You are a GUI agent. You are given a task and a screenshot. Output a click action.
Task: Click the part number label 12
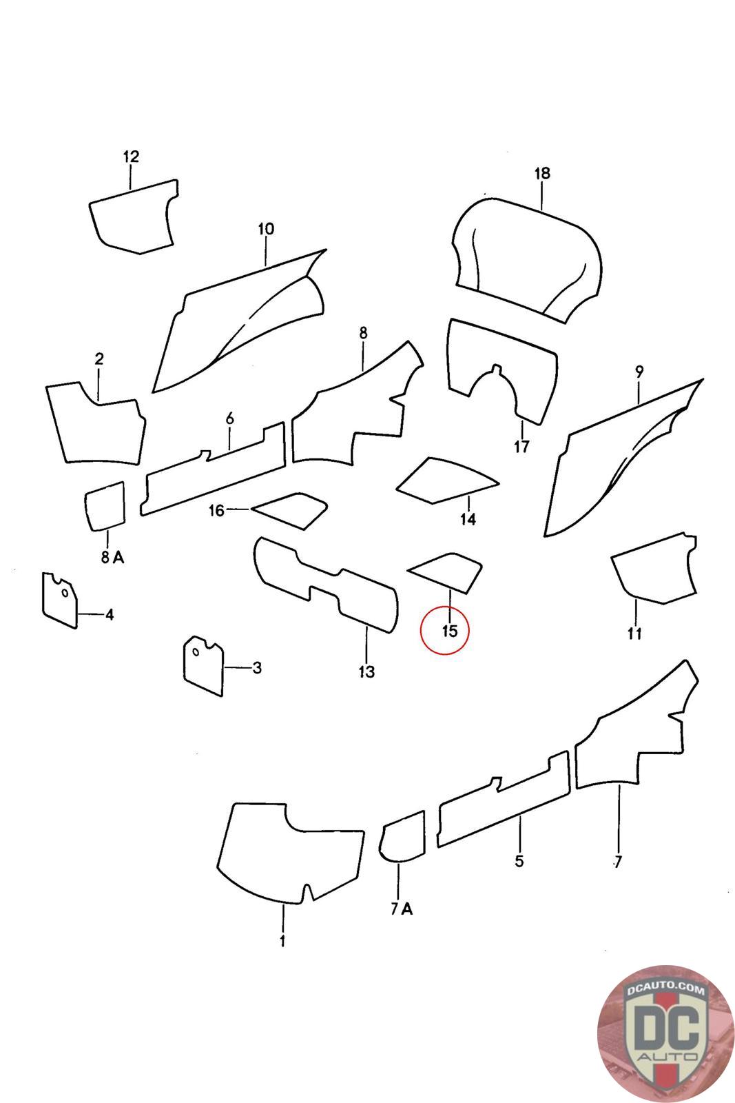pos(131,156)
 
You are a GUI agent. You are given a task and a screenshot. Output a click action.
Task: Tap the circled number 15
pos(450,630)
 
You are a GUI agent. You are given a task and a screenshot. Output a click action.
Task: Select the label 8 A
pos(113,557)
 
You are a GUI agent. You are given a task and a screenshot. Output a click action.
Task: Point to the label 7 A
pos(402,909)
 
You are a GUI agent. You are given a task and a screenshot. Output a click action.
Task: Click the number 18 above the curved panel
pos(542,173)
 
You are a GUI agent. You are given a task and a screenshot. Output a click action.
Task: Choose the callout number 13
pos(366,671)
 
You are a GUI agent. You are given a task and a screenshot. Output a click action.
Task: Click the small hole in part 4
pos(65,593)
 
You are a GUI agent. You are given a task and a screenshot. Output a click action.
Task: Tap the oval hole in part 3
pos(196,652)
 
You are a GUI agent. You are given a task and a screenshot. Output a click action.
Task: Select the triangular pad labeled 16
pos(290,511)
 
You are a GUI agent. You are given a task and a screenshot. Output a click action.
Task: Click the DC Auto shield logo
pos(665,1034)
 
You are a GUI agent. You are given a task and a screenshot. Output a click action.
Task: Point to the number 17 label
pos(521,447)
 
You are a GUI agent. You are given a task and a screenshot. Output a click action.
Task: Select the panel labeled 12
pos(133,218)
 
